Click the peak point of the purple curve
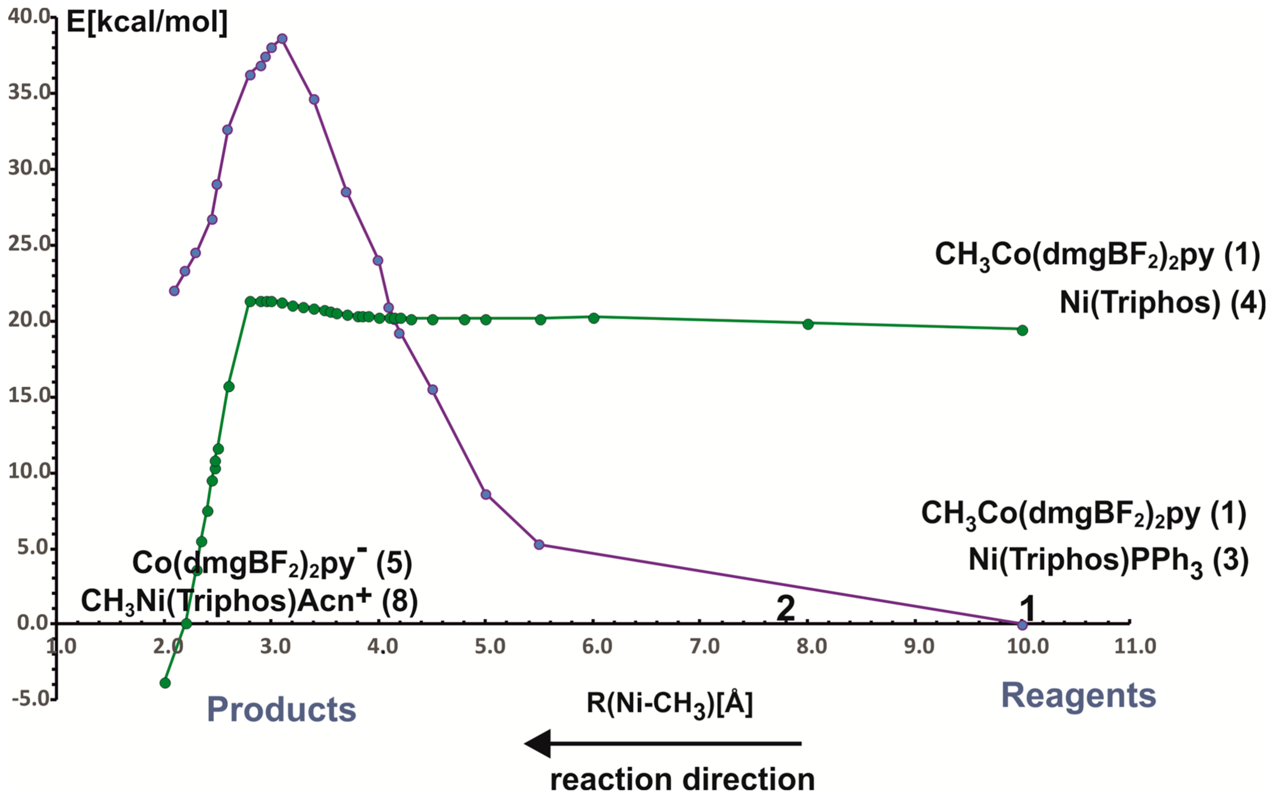click(x=282, y=39)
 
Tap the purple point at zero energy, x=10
click(x=1022, y=625)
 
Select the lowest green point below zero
click(x=165, y=683)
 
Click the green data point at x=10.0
click(x=1022, y=330)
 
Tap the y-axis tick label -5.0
click(x=29, y=699)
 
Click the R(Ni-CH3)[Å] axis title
click(x=669, y=704)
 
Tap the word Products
click(x=281, y=710)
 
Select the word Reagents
click(x=1079, y=696)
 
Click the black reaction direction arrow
click(x=662, y=743)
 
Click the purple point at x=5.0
click(x=486, y=494)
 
